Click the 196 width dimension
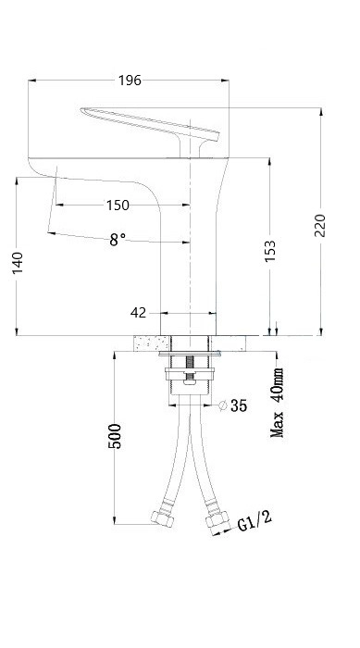pos(130,81)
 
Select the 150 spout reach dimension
pos(118,205)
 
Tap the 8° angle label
pos(118,240)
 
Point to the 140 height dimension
pos(18,263)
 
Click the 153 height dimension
pos(270,251)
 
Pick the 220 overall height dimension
pos(320,225)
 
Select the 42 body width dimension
pos(139,313)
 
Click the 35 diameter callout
pos(239,405)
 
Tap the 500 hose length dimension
pos(115,436)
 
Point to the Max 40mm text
pos(277,403)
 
